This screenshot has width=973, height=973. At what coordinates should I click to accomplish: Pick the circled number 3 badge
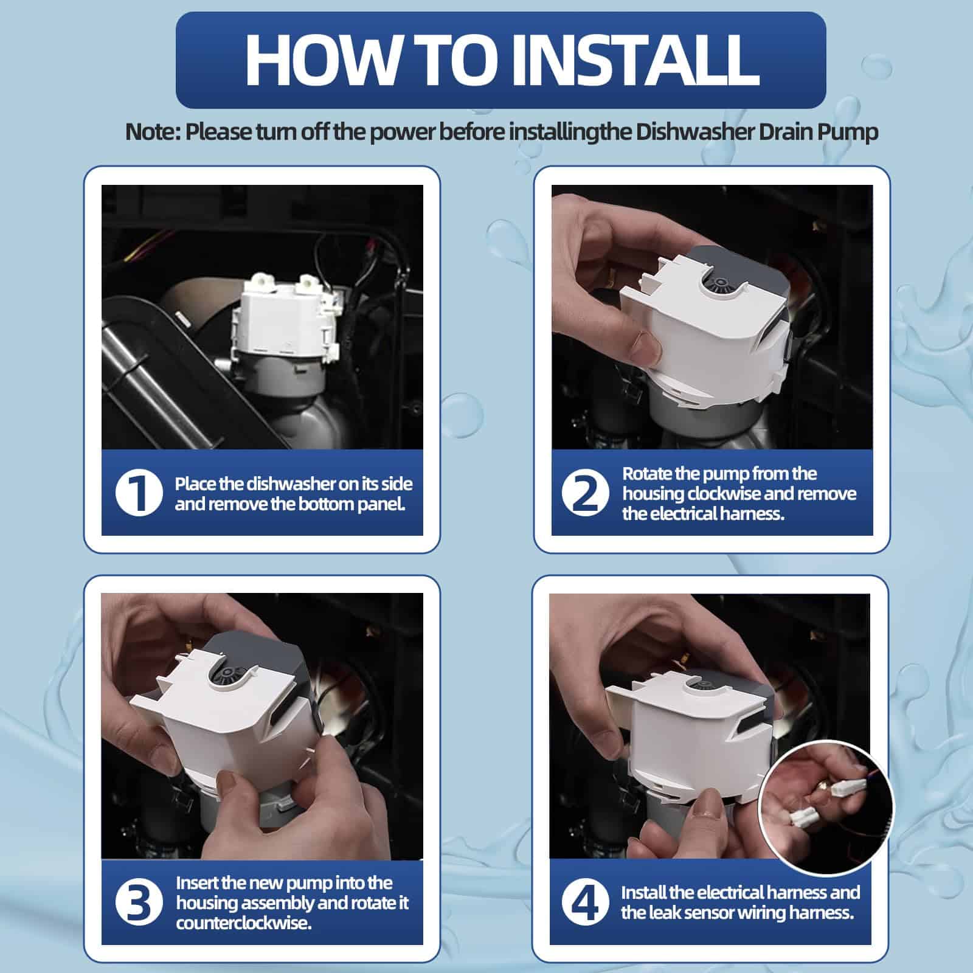pos(139,903)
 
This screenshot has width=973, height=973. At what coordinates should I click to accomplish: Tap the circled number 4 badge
pos(586,903)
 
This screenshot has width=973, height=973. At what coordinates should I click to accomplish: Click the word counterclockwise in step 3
pos(243,923)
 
